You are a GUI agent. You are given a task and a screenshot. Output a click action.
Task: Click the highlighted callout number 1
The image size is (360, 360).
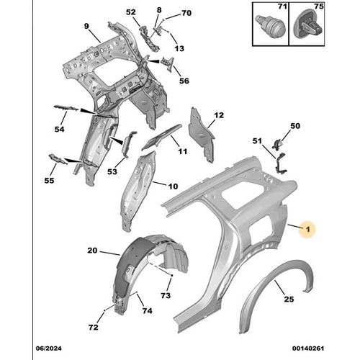coord(308,230)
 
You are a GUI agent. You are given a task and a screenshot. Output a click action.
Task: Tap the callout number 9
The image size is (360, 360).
coord(86,26)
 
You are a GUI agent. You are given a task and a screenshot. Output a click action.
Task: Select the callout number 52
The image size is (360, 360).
coord(131,12)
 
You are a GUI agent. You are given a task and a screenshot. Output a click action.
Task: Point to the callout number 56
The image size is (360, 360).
coord(184,81)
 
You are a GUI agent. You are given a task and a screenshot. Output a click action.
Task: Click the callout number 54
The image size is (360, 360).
coord(59,129)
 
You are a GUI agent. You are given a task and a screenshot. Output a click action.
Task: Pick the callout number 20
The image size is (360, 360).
coord(92,251)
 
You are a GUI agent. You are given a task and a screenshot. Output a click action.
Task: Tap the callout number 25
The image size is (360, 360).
coord(289,300)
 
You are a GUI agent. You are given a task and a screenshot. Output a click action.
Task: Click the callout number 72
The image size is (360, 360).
coord(93,327)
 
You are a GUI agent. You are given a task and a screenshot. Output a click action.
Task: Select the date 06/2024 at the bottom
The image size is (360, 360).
coord(49,348)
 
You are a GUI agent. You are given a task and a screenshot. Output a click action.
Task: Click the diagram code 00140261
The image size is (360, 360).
coord(308,348)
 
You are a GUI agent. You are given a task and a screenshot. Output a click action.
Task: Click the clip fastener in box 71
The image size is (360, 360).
coord(271,25)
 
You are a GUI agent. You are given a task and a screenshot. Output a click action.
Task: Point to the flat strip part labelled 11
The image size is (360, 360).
coord(161,138)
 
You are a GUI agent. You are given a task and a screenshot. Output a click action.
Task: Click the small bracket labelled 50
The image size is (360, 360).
coord(279,143)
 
